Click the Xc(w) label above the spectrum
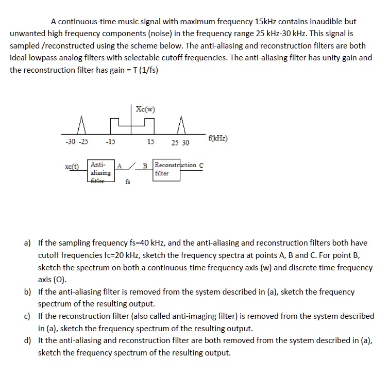tap(145, 109)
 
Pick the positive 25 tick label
tap(175, 142)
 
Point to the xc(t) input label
tap(72, 167)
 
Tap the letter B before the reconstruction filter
tap(145, 166)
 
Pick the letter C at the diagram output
tap(201, 165)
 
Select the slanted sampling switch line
tap(131, 166)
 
